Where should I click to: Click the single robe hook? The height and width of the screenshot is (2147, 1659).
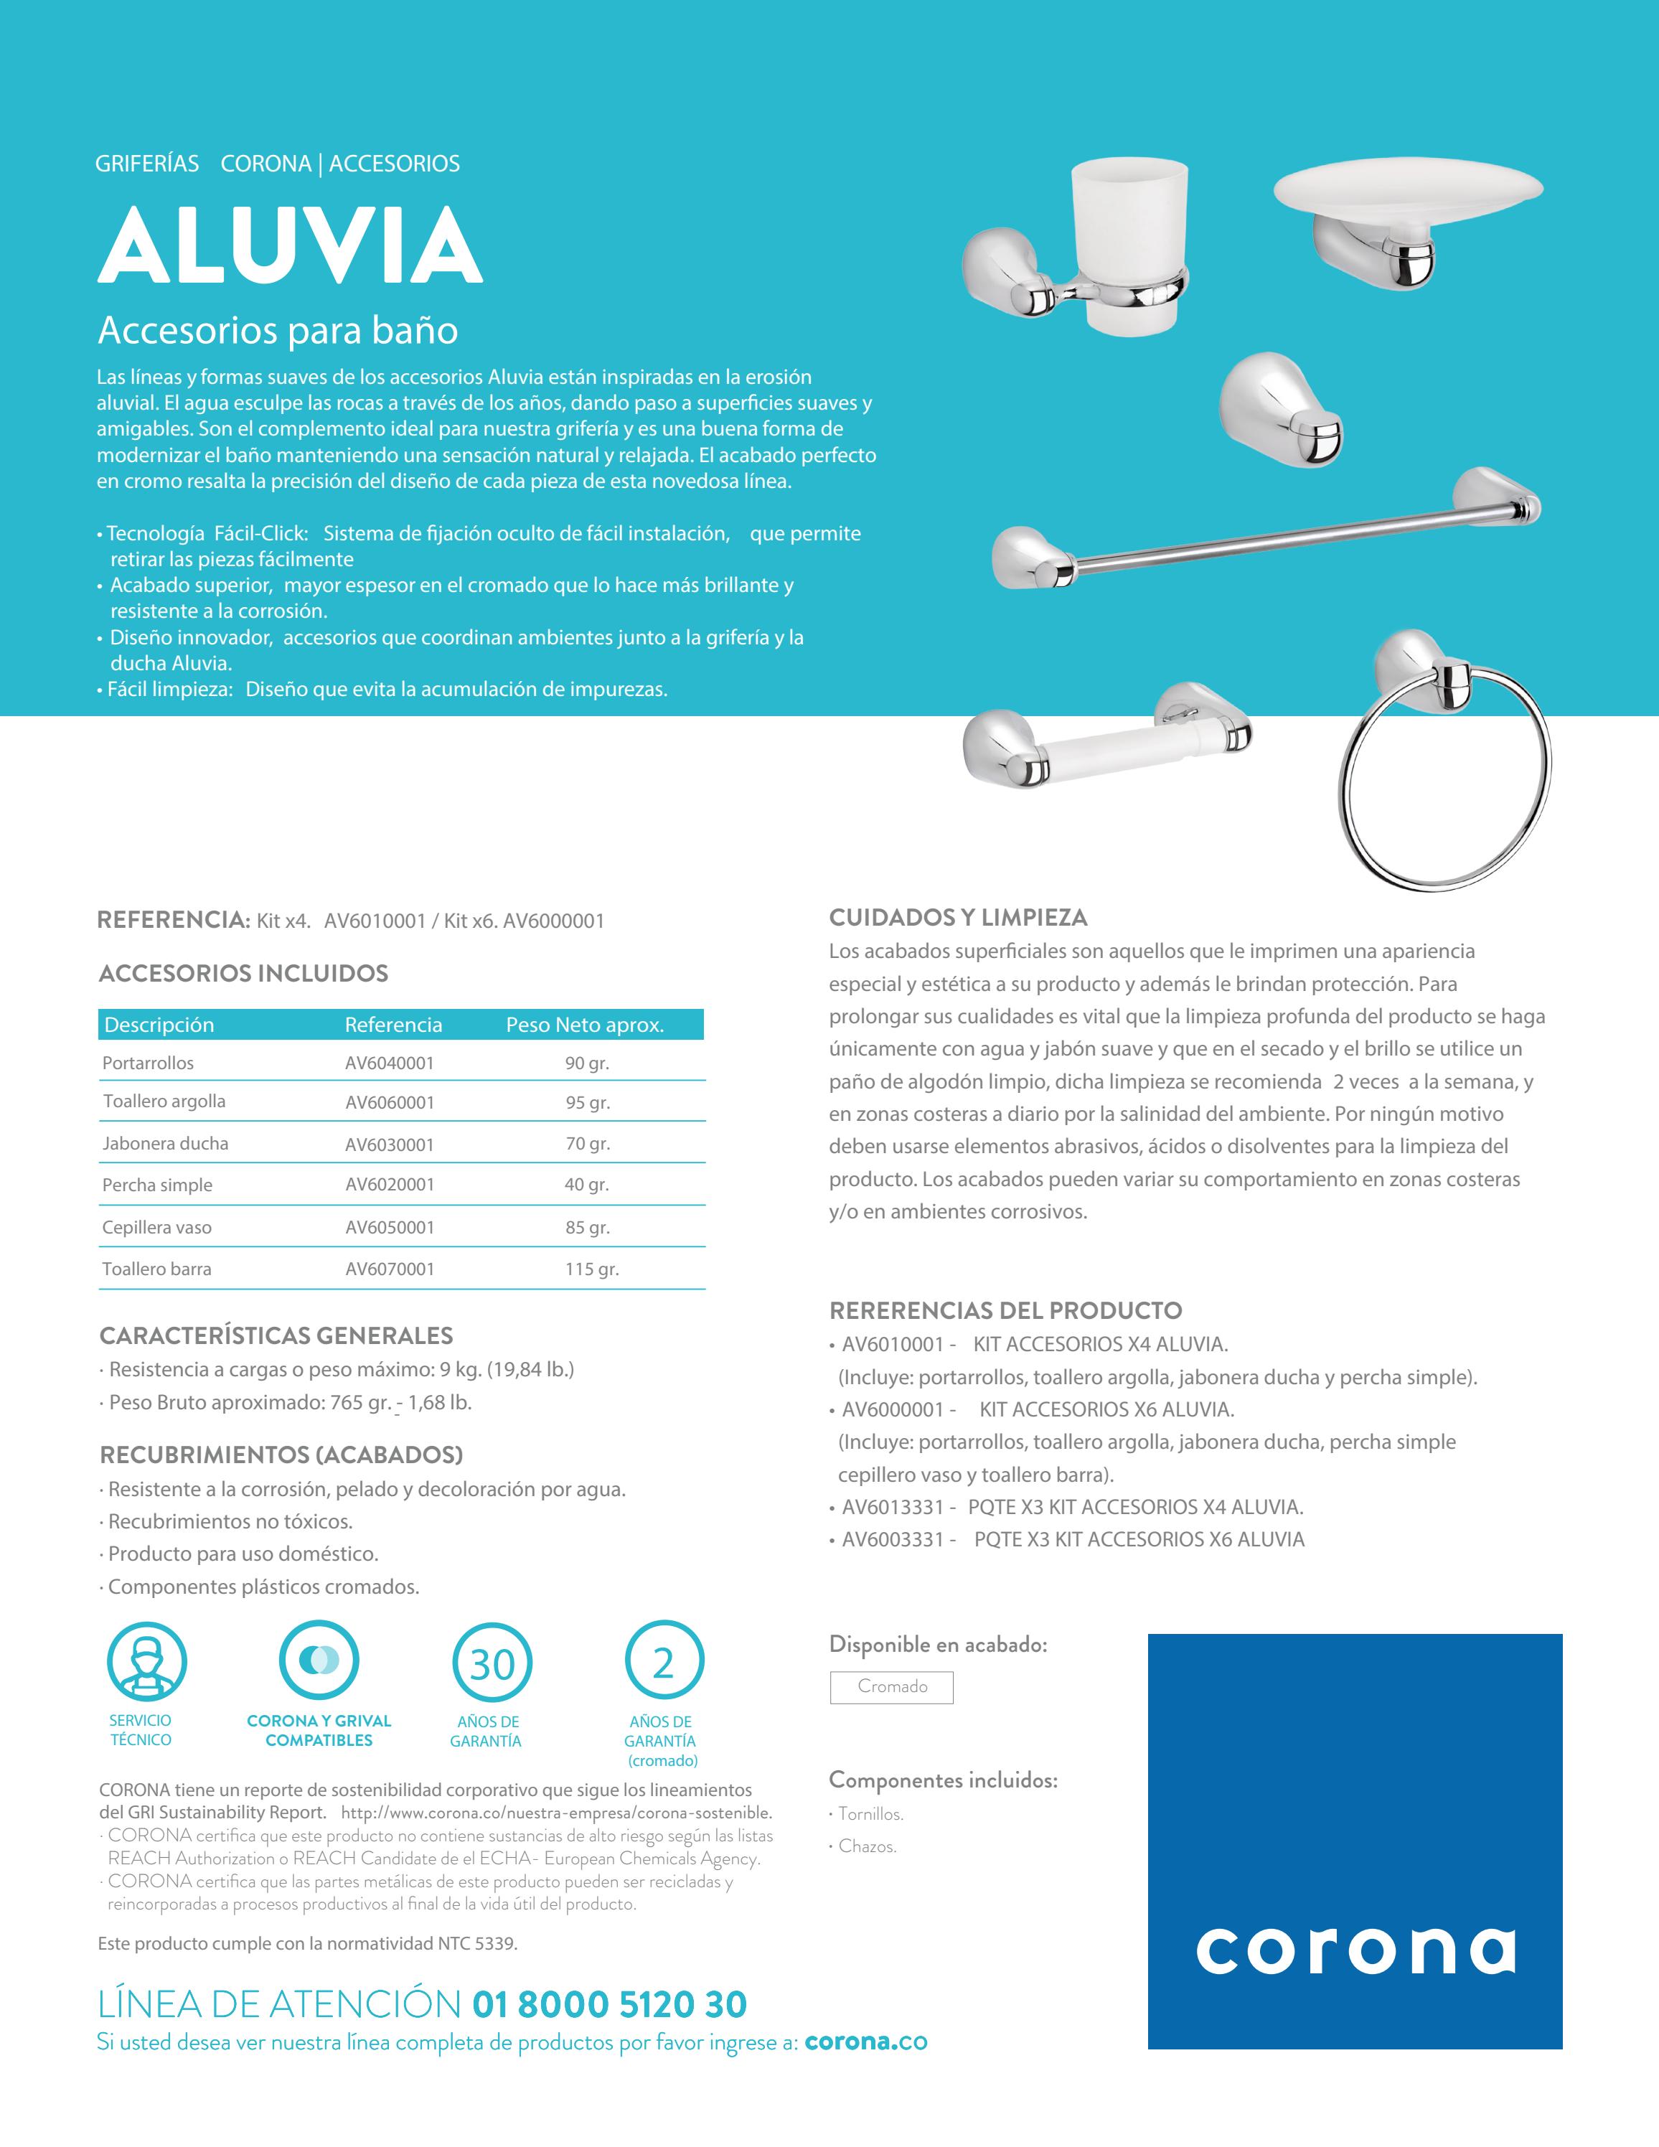click(1281, 408)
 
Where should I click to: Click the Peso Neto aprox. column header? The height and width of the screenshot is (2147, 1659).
click(585, 1025)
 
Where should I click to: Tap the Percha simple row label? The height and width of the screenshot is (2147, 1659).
click(157, 1185)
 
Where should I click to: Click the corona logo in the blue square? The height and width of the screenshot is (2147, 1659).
click(1354, 1951)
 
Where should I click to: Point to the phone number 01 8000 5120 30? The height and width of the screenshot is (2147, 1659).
click(609, 2003)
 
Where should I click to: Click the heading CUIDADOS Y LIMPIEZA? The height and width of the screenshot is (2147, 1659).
click(957, 917)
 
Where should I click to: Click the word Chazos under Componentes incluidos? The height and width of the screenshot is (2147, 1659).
click(867, 1846)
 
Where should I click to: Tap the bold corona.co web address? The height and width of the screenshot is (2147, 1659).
click(865, 2042)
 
